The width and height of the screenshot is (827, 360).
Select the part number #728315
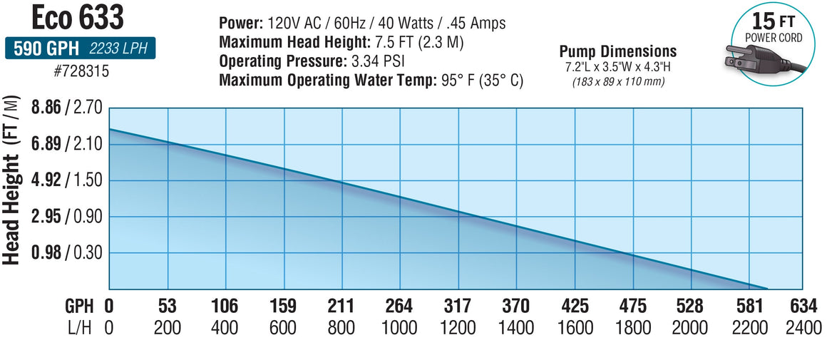coord(79,72)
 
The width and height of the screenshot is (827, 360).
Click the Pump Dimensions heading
coord(617,51)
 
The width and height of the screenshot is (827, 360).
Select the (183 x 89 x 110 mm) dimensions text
coord(617,81)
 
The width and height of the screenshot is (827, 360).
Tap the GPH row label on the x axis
coord(78,307)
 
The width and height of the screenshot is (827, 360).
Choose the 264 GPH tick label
coord(399,307)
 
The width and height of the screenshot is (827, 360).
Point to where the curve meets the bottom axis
coord(767,288)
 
